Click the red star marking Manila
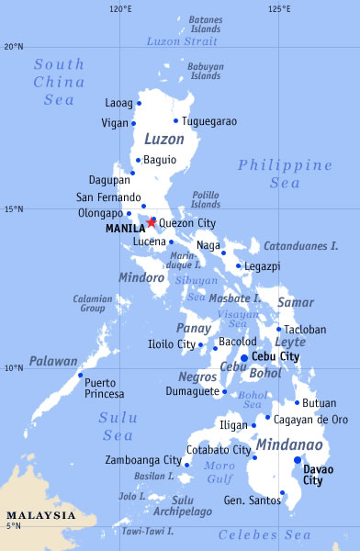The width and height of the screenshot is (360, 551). pos(152,221)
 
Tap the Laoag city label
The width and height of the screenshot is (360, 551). pos(118,103)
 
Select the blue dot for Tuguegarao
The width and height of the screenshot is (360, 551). pos(175,120)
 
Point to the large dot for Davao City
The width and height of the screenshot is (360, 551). pos(297,460)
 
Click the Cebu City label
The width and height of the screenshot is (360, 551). pos(276,356)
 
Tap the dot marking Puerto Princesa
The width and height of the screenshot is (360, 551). pos(80,375)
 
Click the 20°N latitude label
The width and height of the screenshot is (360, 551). pos(13,46)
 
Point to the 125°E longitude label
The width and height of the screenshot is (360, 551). pos(281,9)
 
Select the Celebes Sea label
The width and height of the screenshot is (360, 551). pos(264,534)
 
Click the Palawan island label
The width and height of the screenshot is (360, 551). pos(52,362)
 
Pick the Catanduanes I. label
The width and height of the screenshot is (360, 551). pos(301,246)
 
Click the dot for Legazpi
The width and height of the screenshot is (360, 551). pos(238,266)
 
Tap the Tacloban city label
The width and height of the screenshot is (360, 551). pos(306,329)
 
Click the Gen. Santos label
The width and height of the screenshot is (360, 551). pos(250,500)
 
